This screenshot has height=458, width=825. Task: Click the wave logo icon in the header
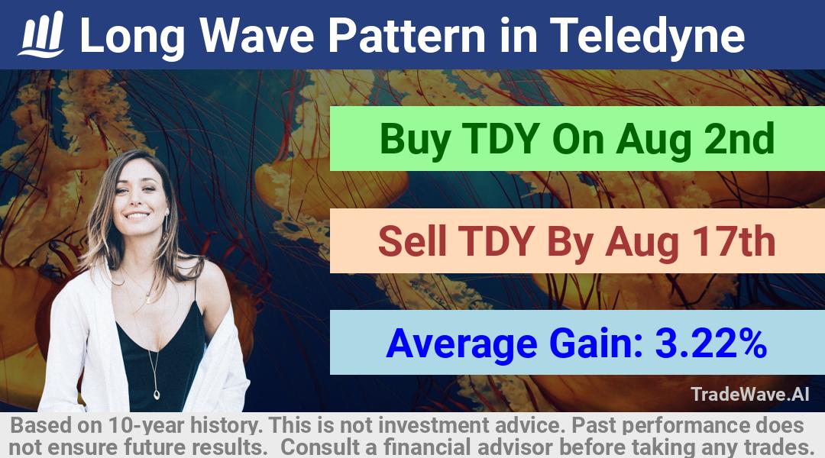pyautogui.click(x=41, y=34)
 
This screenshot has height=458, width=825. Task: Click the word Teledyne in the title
pyautogui.click(x=647, y=36)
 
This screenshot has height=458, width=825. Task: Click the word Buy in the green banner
pyautogui.click(x=415, y=140)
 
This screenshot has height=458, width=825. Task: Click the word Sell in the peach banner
pyautogui.click(x=412, y=241)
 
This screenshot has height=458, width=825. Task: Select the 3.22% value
pyautogui.click(x=711, y=343)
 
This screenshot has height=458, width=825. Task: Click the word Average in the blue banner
pyautogui.click(x=462, y=344)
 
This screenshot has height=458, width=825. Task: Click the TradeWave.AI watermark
pyautogui.click(x=750, y=394)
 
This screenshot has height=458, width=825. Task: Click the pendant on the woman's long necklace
pyautogui.click(x=157, y=393)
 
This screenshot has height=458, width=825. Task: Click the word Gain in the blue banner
pyautogui.click(x=596, y=343)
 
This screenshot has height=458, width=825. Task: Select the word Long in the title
pyautogui.click(x=132, y=37)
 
